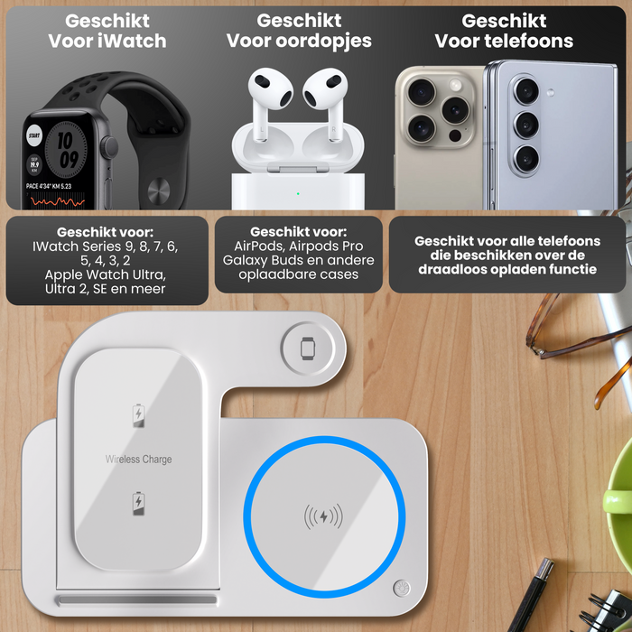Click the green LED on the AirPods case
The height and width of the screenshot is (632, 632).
tap(297, 192)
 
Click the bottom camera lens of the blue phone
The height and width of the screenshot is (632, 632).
tap(527, 158)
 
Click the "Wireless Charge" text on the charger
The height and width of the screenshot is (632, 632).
tap(138, 460)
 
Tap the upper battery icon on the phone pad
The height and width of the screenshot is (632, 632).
tap(138, 415)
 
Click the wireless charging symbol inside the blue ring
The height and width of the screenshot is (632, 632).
tap(322, 517)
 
